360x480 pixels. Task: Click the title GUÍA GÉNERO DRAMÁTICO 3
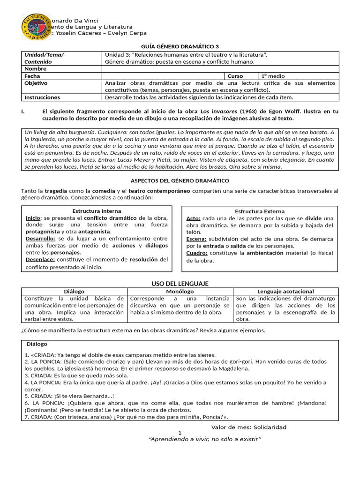(x=180, y=46)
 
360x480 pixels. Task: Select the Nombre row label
(x=35, y=69)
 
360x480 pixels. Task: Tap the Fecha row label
(x=32, y=76)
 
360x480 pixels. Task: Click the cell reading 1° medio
(x=273, y=76)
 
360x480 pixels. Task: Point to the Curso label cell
(x=235, y=76)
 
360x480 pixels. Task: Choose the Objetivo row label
(x=36, y=83)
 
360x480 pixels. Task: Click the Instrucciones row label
(x=42, y=97)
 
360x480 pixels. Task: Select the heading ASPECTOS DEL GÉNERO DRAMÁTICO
(x=180, y=180)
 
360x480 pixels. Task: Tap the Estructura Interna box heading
(x=97, y=211)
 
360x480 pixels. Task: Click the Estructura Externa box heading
(x=259, y=211)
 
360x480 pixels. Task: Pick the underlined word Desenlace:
(x=40, y=259)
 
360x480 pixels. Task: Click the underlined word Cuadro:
(x=196, y=253)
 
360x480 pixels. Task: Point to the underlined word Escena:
(x=196, y=239)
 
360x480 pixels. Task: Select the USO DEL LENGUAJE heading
(x=180, y=284)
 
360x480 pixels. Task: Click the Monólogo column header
(x=180, y=292)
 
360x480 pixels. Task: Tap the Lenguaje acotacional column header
(x=285, y=292)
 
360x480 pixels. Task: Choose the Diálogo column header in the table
(x=74, y=292)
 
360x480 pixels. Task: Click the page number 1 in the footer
(x=180, y=433)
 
